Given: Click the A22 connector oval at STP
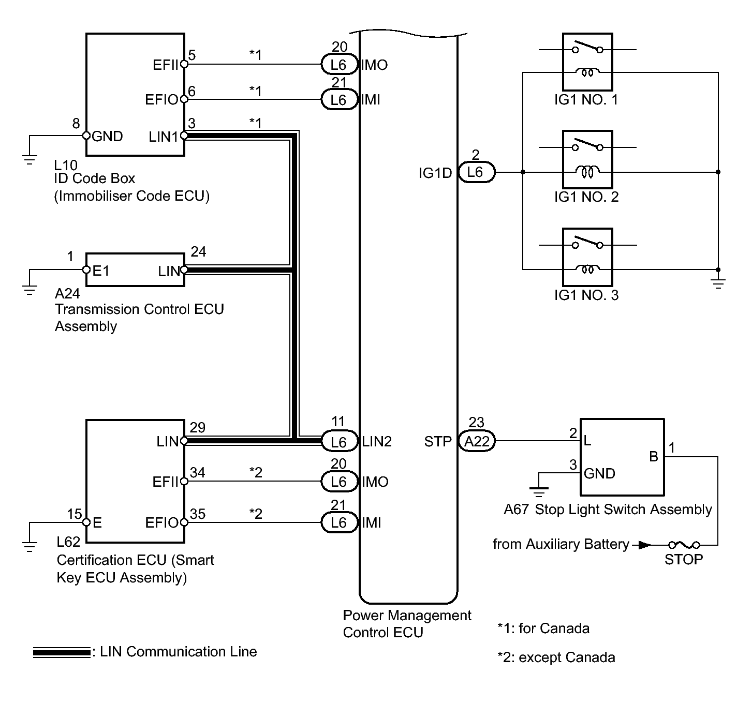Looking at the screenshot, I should click(477, 441).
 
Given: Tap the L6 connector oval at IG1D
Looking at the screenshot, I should click(475, 172).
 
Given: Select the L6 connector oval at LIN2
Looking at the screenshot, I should click(338, 442).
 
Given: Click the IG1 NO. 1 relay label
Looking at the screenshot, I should click(586, 99).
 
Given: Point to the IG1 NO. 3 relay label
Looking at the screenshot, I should click(586, 295).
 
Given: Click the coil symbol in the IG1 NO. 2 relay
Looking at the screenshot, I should click(588, 172).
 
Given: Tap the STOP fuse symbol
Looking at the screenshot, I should click(683, 545).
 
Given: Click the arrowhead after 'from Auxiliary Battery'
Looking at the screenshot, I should click(644, 545).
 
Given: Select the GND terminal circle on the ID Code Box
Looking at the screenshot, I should click(86, 136).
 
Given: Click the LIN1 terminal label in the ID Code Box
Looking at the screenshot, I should click(163, 137).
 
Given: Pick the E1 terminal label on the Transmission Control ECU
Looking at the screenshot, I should click(100, 271).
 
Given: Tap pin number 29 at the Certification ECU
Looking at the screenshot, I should click(198, 428).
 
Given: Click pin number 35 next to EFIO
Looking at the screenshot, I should click(198, 514).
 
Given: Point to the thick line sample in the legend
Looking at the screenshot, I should click(61, 653).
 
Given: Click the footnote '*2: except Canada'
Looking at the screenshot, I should click(556, 657).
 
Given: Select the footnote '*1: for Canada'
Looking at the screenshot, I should click(543, 628).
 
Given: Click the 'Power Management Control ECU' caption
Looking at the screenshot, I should click(407, 624).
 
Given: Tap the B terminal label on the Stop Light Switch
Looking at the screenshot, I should click(654, 457).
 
